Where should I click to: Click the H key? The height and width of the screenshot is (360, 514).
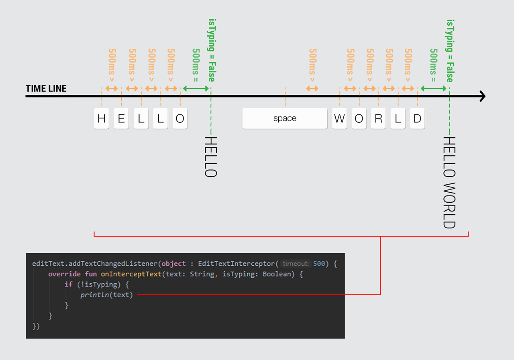102,118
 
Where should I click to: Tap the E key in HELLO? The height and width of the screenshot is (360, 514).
121,118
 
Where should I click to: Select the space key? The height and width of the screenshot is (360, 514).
285,118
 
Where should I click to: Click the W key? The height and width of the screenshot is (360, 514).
339,118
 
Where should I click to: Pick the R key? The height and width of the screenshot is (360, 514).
378,118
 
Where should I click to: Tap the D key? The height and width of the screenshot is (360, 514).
417,118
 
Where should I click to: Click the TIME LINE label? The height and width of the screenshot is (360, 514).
46,89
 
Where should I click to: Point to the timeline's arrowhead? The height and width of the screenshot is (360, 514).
482,96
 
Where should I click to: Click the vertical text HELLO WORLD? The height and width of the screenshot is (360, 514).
449,183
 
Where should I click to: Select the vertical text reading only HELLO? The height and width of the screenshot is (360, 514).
211,157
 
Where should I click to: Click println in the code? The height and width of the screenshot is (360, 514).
96,295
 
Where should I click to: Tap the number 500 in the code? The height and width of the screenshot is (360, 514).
319,264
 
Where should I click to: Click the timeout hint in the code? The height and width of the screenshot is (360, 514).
296,264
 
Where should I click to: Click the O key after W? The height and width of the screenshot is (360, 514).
359,118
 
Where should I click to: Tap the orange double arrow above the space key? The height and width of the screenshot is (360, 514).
312,88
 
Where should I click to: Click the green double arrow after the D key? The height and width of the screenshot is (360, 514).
433,88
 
